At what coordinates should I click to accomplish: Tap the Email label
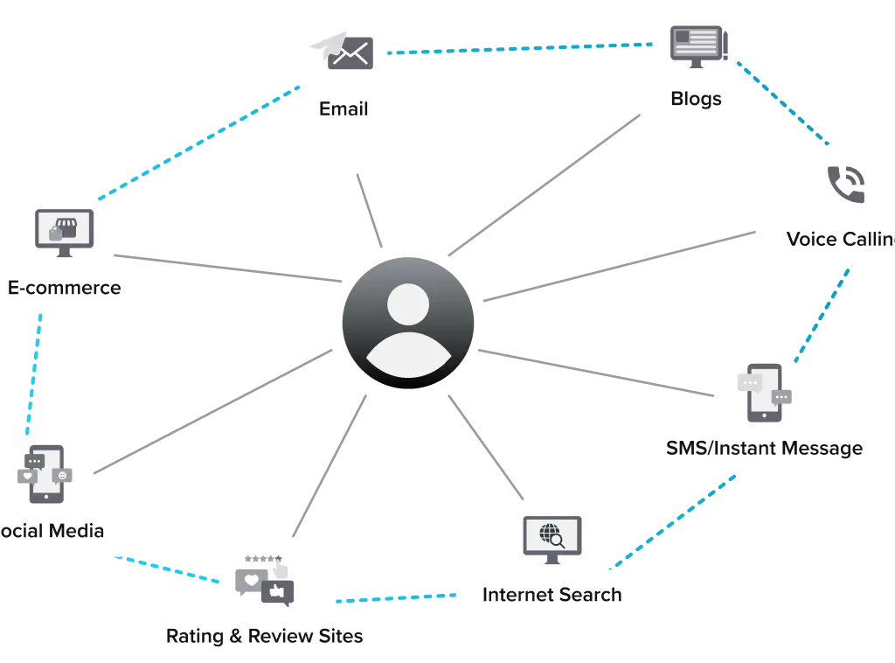tap(343, 109)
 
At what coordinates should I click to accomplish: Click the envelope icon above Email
tap(348, 52)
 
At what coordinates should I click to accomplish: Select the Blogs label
tap(696, 98)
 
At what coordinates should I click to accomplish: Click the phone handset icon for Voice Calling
tap(844, 183)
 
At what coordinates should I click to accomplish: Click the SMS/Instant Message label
tap(764, 449)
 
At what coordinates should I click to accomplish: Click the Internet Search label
tap(552, 595)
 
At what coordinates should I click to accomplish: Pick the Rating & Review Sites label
tap(264, 635)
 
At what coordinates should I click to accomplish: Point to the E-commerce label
tap(64, 287)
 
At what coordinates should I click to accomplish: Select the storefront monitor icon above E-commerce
tap(63, 233)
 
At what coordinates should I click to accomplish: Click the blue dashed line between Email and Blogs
tap(521, 48)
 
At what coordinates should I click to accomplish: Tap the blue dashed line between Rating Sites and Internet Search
tap(395, 599)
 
